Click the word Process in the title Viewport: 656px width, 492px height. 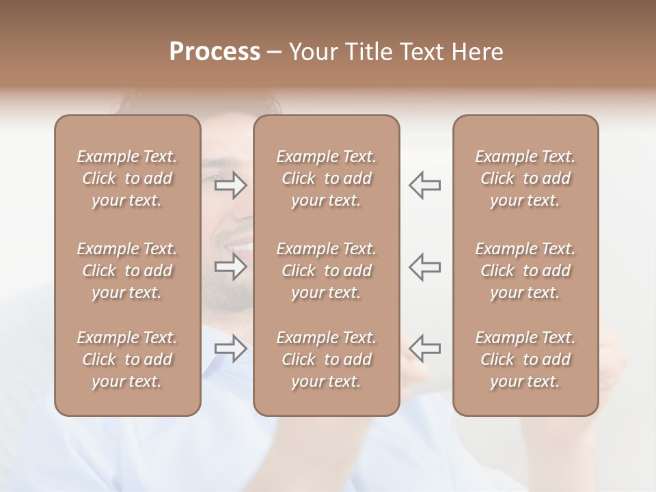click(x=215, y=52)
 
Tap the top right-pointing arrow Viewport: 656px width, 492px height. click(x=231, y=184)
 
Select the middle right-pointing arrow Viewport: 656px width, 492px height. click(x=231, y=266)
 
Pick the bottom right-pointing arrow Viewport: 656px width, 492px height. click(x=231, y=348)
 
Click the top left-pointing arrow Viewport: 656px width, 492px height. click(x=425, y=184)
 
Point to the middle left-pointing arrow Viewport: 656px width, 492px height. click(x=425, y=266)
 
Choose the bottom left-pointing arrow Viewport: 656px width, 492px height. click(x=425, y=348)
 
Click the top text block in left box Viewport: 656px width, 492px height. click(x=127, y=178)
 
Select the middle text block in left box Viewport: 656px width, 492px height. click(x=127, y=271)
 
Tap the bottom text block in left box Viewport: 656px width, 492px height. click(x=127, y=359)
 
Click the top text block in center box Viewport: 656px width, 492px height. click(x=326, y=178)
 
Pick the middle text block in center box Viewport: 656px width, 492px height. click(x=326, y=271)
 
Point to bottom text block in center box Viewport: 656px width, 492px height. click(x=326, y=359)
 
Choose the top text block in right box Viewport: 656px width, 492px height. click(x=525, y=178)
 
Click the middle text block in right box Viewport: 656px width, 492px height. click(x=525, y=271)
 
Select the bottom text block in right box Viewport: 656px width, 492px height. click(x=525, y=359)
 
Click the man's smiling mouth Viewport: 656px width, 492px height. click(x=241, y=246)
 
